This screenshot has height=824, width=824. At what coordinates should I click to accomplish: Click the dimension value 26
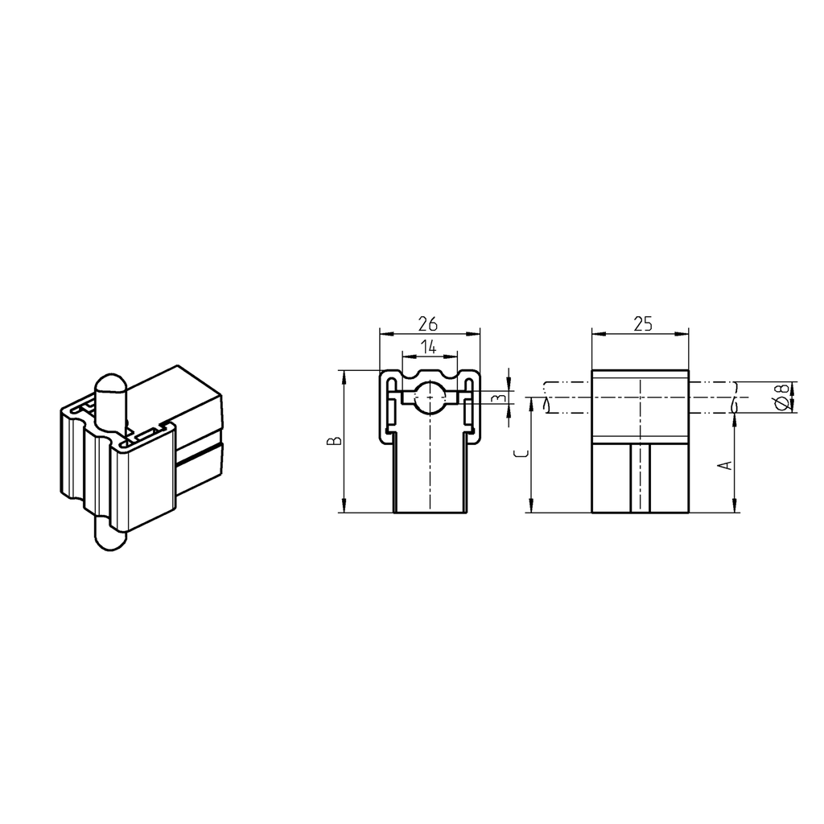427,323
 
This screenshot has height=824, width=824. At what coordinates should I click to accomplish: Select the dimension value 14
428,347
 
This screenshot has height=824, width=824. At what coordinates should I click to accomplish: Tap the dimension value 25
641,323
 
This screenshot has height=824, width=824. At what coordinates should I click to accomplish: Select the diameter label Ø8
780,398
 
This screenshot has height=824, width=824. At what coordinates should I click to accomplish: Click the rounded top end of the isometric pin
110,385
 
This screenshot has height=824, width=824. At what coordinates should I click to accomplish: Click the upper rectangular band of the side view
641,406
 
